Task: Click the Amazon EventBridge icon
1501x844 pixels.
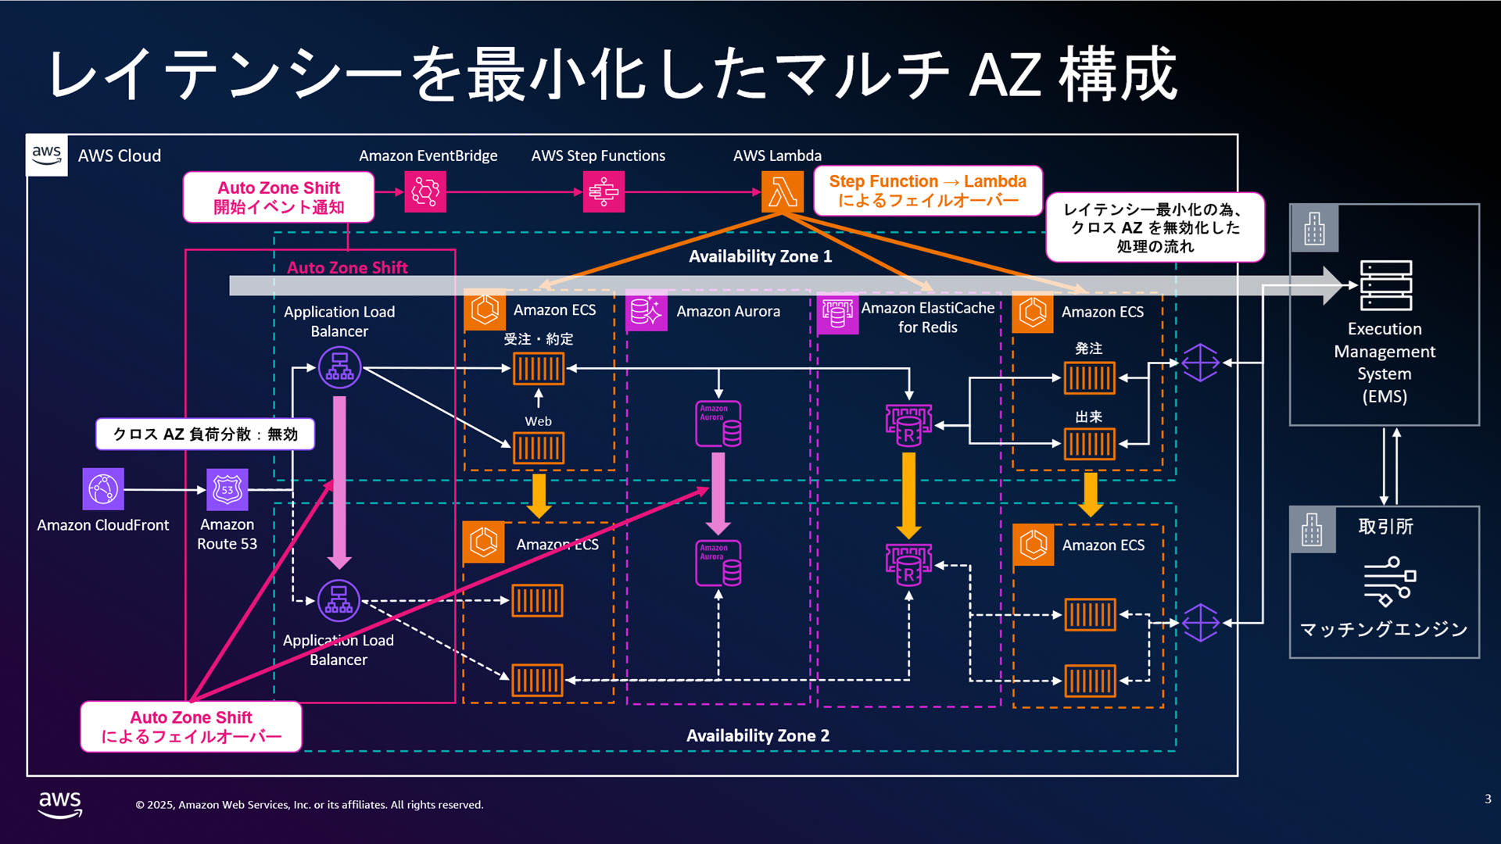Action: (425, 191)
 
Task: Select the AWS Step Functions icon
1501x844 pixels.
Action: (604, 191)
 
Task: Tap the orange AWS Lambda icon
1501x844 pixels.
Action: (782, 191)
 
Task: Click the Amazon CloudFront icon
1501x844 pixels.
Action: (103, 489)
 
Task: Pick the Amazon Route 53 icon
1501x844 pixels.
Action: (227, 489)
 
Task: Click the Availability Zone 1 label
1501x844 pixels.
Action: (760, 256)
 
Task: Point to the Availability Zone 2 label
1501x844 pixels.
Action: (758, 735)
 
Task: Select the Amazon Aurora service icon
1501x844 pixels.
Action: (647, 311)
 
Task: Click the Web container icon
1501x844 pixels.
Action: (538, 449)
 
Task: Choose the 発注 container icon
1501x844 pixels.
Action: (1089, 378)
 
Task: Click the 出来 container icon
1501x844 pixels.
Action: (1089, 445)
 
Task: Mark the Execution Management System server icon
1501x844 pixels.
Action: (1385, 285)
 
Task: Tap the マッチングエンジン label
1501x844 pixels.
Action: (1384, 629)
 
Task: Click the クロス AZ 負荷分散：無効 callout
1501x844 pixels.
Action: (205, 434)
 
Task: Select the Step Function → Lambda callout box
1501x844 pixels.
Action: (927, 191)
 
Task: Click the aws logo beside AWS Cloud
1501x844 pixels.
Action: (47, 155)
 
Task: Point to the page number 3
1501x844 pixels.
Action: (1488, 799)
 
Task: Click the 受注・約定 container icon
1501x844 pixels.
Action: (538, 369)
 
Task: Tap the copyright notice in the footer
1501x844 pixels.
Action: (310, 805)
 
